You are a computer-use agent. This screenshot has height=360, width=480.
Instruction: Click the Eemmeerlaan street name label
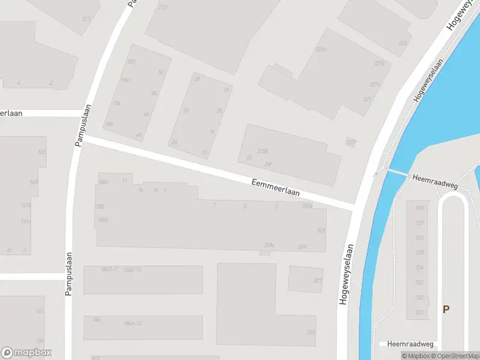tap(275, 187)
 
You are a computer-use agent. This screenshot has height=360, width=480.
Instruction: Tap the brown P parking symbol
tap(446, 310)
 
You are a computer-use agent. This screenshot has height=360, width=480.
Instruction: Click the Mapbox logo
tap(26, 353)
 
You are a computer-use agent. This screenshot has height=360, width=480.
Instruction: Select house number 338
tap(419, 208)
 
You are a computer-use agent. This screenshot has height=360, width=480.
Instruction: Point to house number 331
tap(419, 313)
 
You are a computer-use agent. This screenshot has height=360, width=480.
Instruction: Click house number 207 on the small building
tap(317, 281)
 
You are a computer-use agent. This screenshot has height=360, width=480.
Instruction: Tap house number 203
tap(310, 332)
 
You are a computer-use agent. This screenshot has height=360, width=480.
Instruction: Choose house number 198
tap(125, 80)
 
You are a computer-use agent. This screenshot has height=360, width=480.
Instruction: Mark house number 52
tap(161, 73)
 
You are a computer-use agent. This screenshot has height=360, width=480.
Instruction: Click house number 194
tap(116, 103)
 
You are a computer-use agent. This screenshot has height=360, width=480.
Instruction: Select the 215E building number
tap(262, 151)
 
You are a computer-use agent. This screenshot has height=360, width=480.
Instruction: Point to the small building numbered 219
tap(350, 142)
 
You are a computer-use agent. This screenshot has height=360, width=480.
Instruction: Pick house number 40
tap(139, 135)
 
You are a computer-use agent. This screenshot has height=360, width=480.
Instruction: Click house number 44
tap(146, 114)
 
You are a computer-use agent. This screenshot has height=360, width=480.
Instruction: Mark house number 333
tap(419, 283)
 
